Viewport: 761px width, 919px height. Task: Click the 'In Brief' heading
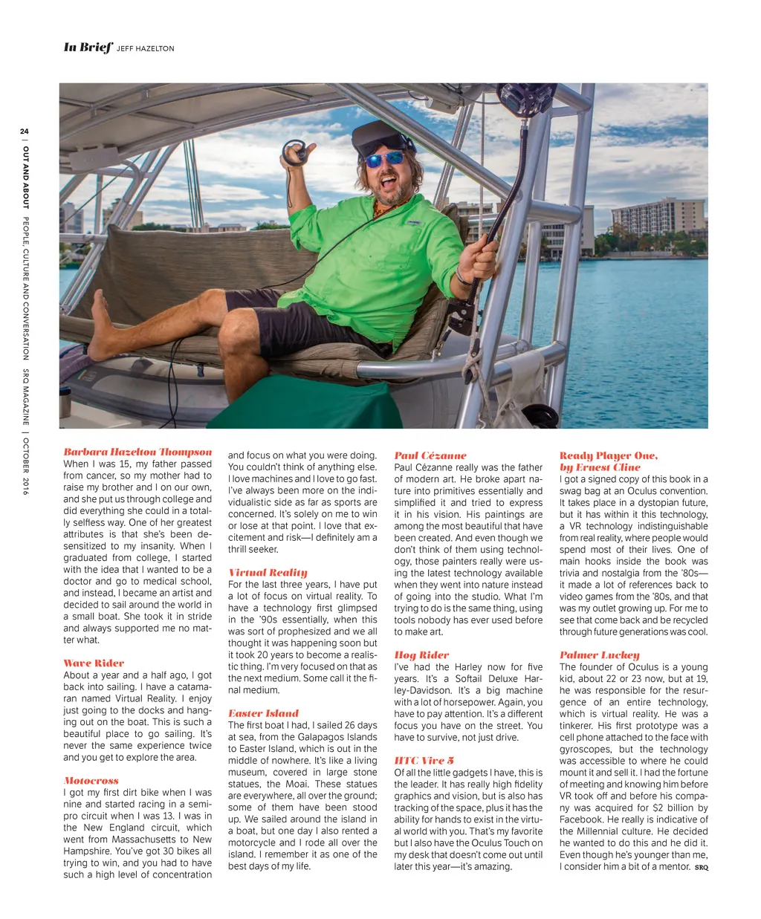(x=88, y=47)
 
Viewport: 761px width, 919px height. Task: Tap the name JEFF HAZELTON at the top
(x=146, y=48)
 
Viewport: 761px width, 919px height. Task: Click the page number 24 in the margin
(x=25, y=131)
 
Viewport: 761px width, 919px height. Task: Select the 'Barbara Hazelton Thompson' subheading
(x=137, y=452)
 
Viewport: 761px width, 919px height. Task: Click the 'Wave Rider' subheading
(x=94, y=663)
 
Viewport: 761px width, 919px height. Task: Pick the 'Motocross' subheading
(x=91, y=780)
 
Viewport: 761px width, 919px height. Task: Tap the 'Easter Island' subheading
(x=263, y=712)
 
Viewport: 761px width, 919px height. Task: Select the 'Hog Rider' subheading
(x=421, y=655)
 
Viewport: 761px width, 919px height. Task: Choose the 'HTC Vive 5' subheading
(x=424, y=760)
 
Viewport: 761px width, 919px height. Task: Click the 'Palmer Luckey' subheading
(x=599, y=655)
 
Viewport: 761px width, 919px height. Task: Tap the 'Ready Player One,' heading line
(x=608, y=455)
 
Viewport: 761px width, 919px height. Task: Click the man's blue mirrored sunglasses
(x=384, y=159)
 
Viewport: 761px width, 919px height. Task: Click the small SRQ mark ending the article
(x=701, y=867)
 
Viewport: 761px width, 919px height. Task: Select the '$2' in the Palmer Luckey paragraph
(x=658, y=808)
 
